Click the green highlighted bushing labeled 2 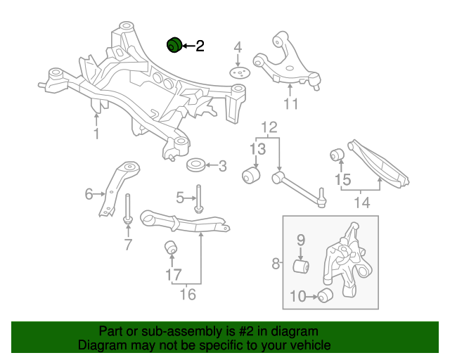coord(173,45)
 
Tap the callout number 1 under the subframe coord(96,133)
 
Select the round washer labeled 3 coord(195,167)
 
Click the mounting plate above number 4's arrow coord(239,74)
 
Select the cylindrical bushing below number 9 coord(301,267)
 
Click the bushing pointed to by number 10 coord(325,296)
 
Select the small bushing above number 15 coord(337,153)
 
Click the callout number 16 coord(187,294)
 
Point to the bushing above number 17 coord(169,248)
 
